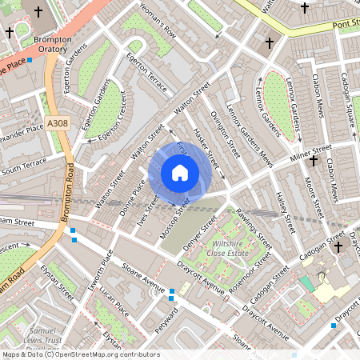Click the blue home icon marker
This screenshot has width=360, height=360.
pos(180,173)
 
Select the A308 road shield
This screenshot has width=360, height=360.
pos(58,122)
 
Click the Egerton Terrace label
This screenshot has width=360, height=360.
pos(148,72)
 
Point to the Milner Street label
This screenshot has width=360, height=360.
pos(310,157)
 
